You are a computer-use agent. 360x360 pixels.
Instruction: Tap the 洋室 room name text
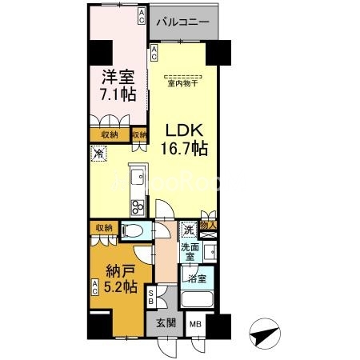point(117,78)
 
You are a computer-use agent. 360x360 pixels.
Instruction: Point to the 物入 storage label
point(209,226)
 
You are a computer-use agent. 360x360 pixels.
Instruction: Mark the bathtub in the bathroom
point(196,302)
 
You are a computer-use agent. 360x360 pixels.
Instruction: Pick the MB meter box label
point(195,325)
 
